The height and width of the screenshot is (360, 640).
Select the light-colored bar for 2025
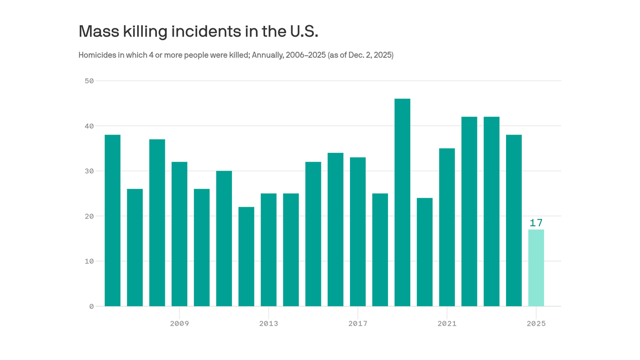(536, 268)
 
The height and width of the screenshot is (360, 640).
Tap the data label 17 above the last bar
(536, 223)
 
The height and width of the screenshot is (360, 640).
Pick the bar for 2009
(179, 234)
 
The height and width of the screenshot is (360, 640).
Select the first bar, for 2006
(112, 220)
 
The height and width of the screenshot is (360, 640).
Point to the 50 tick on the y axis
(89, 81)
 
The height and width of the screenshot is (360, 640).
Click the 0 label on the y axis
(91, 306)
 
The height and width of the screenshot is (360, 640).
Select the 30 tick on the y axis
(89, 171)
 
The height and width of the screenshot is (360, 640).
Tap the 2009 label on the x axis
(179, 323)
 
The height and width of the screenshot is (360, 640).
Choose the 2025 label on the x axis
(536, 323)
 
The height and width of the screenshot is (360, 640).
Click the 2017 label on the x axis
(358, 323)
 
